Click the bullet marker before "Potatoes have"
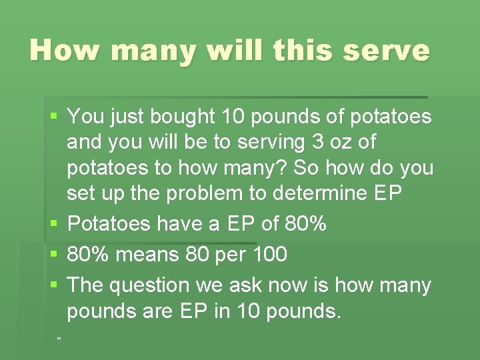[55, 225]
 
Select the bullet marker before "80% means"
[55, 255]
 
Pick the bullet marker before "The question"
[55, 285]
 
